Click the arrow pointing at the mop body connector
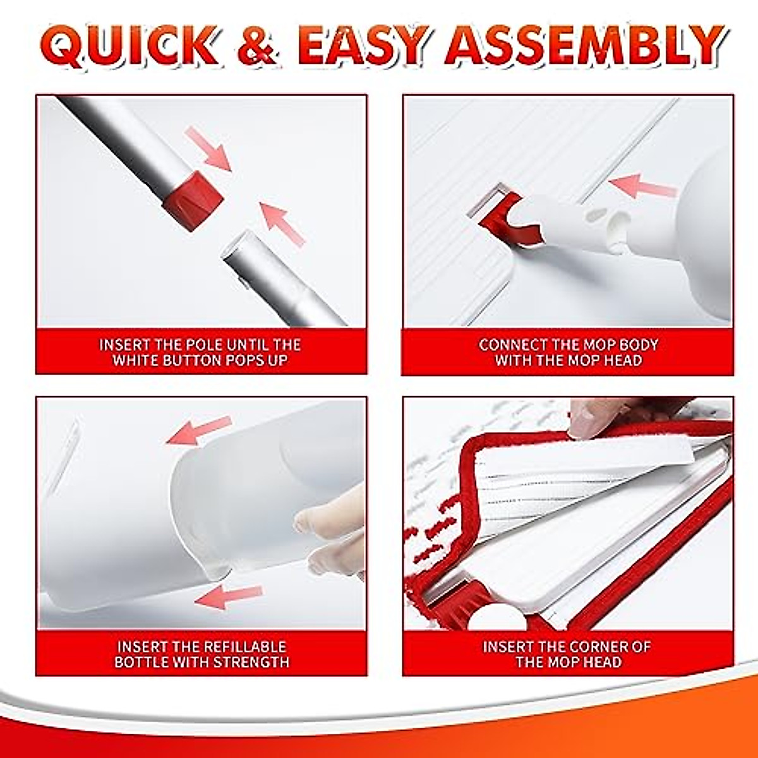(642, 186)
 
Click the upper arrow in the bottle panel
(198, 429)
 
